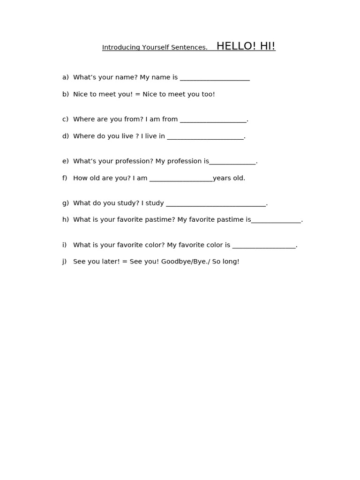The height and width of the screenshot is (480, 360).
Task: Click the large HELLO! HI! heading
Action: tap(246, 46)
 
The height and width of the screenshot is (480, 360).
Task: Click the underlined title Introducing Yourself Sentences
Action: tap(155, 47)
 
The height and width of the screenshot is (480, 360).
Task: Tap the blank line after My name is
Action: tap(215, 79)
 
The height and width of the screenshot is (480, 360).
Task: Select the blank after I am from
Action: tap(213, 120)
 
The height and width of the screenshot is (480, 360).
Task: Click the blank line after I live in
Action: tap(205, 137)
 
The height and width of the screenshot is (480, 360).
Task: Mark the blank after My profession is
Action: tap(232, 162)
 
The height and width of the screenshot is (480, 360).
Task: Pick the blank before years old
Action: tap(181, 179)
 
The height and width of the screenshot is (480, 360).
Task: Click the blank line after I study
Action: tap(216, 204)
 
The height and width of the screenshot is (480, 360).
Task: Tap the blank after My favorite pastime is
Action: tap(276, 221)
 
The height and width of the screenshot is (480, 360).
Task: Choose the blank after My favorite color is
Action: tap(264, 246)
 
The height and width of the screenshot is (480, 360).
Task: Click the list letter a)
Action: tap(65, 77)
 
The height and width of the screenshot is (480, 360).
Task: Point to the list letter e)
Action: tap(65, 161)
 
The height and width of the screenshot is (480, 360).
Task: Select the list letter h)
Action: tap(65, 219)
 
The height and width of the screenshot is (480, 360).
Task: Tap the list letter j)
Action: tap(64, 262)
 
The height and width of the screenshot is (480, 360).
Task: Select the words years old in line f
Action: tap(229, 178)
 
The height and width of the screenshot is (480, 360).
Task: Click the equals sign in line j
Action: tap(125, 262)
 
